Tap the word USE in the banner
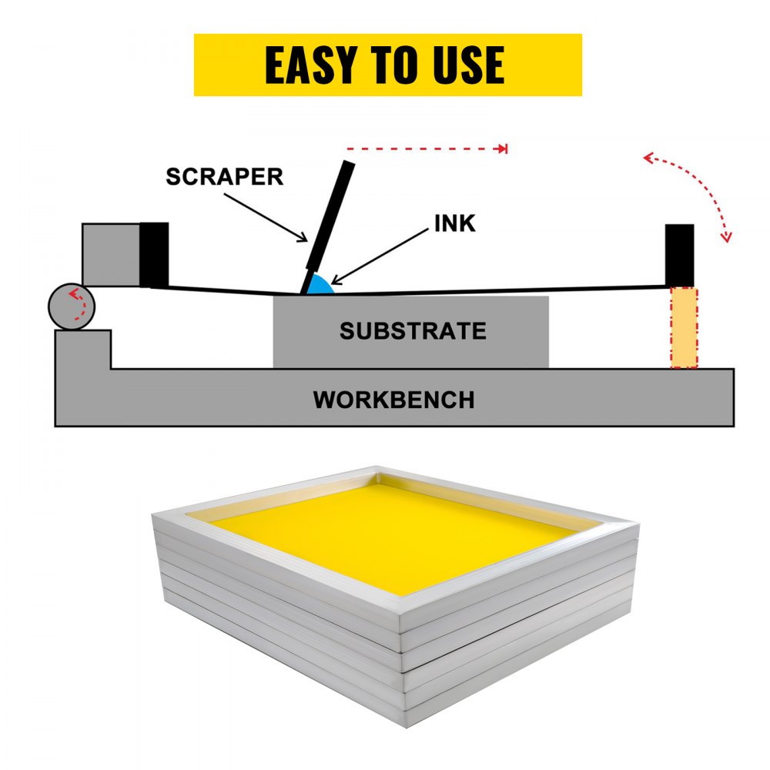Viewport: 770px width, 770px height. point(463,66)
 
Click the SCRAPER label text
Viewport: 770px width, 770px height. point(225,176)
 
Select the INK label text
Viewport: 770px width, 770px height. point(455,223)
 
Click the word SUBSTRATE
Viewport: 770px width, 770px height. point(413,331)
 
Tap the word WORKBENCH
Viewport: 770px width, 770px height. point(393,400)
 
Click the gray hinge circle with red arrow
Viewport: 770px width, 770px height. point(72,306)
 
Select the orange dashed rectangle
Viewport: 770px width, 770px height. point(684,328)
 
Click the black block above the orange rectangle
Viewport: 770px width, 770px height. point(679,255)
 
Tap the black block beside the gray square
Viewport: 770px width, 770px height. point(154,254)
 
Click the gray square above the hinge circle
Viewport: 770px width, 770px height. point(111,254)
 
